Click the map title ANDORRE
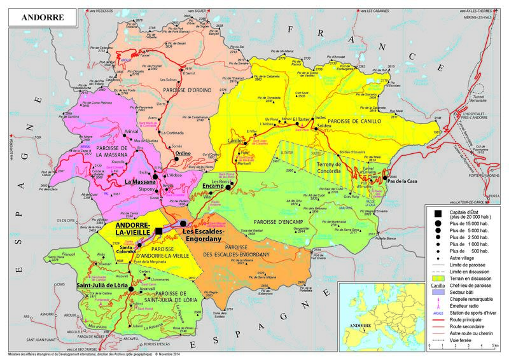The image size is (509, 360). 42,17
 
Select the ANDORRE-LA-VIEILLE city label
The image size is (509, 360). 132,230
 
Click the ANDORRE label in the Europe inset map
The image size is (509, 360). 354,324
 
